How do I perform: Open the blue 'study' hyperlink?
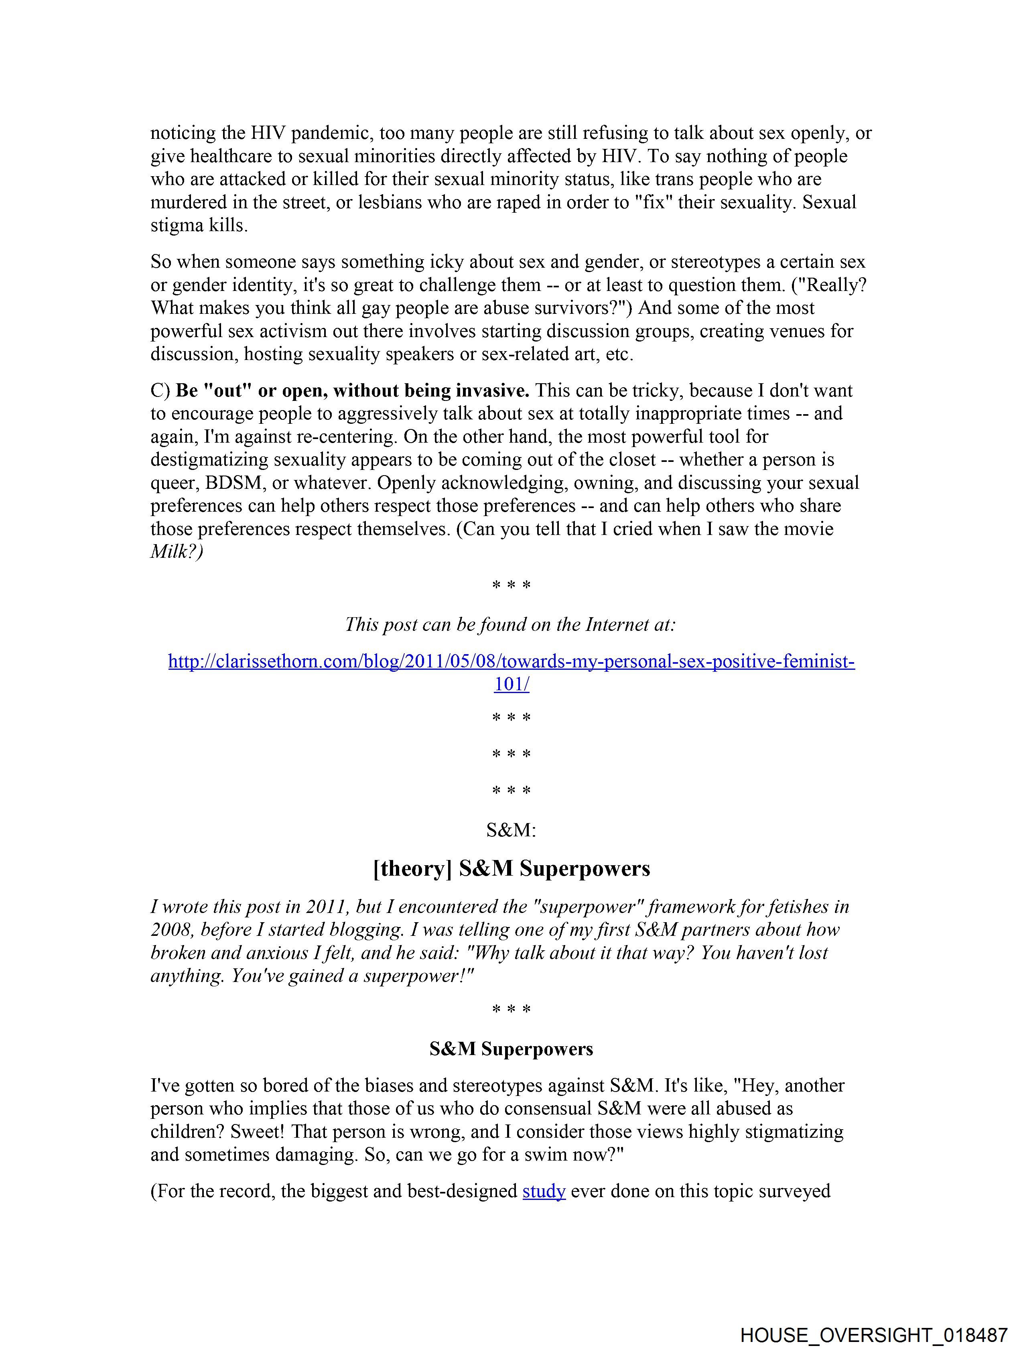coord(543,1191)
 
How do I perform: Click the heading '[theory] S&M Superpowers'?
coord(511,868)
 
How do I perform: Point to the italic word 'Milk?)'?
coord(177,552)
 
